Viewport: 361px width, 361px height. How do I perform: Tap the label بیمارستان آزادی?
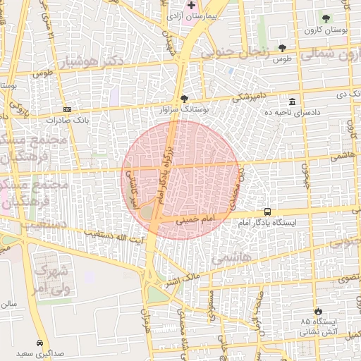click(195, 15)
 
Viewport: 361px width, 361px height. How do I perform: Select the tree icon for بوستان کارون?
click(325, 19)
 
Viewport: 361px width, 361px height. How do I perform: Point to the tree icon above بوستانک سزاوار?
click(185, 99)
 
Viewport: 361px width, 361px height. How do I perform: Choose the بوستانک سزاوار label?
click(185, 109)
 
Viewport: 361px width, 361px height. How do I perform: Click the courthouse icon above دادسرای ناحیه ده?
click(293, 101)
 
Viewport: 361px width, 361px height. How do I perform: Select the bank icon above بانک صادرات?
click(67, 109)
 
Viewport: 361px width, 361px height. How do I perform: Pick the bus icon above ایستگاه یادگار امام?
click(268, 212)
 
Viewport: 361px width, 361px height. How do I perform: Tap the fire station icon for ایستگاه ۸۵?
click(318, 311)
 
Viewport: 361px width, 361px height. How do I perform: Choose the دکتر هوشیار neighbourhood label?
click(92, 62)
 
